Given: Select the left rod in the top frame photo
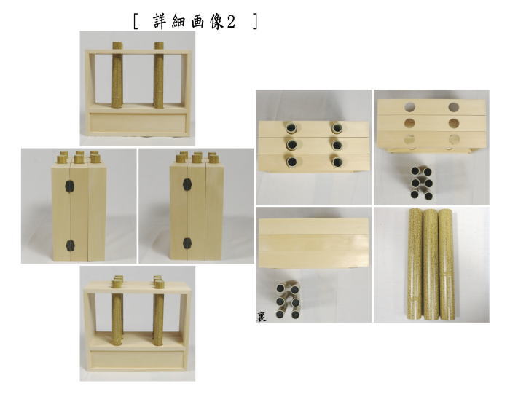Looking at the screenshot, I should [x=117, y=77].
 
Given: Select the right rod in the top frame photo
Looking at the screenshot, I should [x=160, y=77].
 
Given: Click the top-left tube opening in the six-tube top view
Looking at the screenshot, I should [x=291, y=127].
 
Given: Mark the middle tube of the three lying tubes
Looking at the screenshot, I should [x=431, y=264].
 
